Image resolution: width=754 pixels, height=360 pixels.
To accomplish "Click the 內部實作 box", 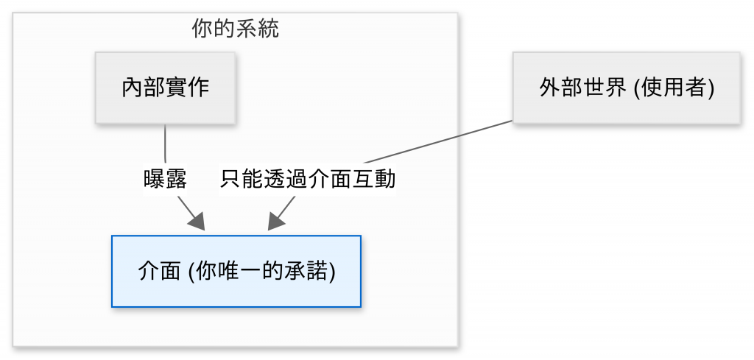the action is pos(165,88).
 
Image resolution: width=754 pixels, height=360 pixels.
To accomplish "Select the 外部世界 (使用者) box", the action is pos(626,88).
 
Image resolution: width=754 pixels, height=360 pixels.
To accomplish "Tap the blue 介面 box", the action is pos(236,271).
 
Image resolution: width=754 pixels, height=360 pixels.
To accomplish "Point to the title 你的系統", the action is pos(235,29).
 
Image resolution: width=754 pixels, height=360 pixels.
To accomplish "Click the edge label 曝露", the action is pos(165,179).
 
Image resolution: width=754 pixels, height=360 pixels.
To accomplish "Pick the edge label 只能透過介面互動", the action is pos(309,179).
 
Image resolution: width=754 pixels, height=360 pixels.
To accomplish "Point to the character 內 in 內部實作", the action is pos(132,88).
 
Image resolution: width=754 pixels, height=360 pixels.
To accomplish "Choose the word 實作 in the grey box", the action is pos(187,88).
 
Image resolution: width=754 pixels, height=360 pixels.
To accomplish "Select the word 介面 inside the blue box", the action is pos(159,271).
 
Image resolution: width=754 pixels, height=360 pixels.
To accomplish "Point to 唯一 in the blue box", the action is pos(253,271).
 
